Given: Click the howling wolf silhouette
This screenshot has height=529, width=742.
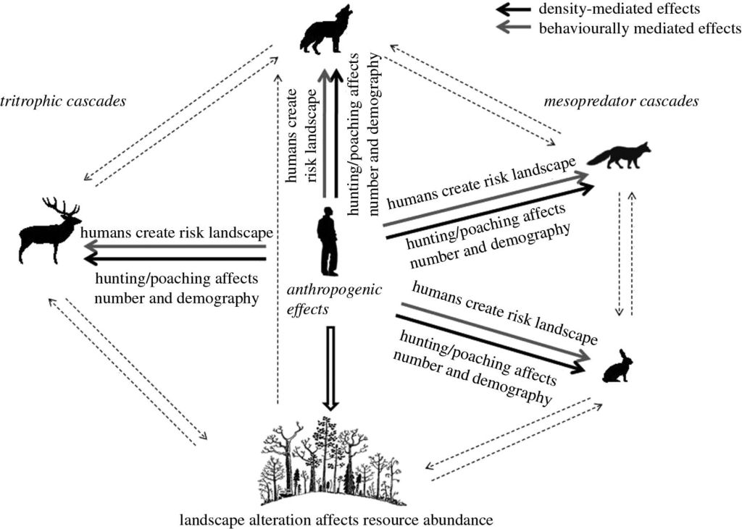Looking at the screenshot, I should [324, 33].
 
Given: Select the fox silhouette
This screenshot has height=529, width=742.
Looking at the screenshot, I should [620, 156].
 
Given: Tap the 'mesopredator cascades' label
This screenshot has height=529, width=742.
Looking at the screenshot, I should [621, 101].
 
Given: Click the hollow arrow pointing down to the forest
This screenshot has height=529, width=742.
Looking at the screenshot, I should [330, 369].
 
